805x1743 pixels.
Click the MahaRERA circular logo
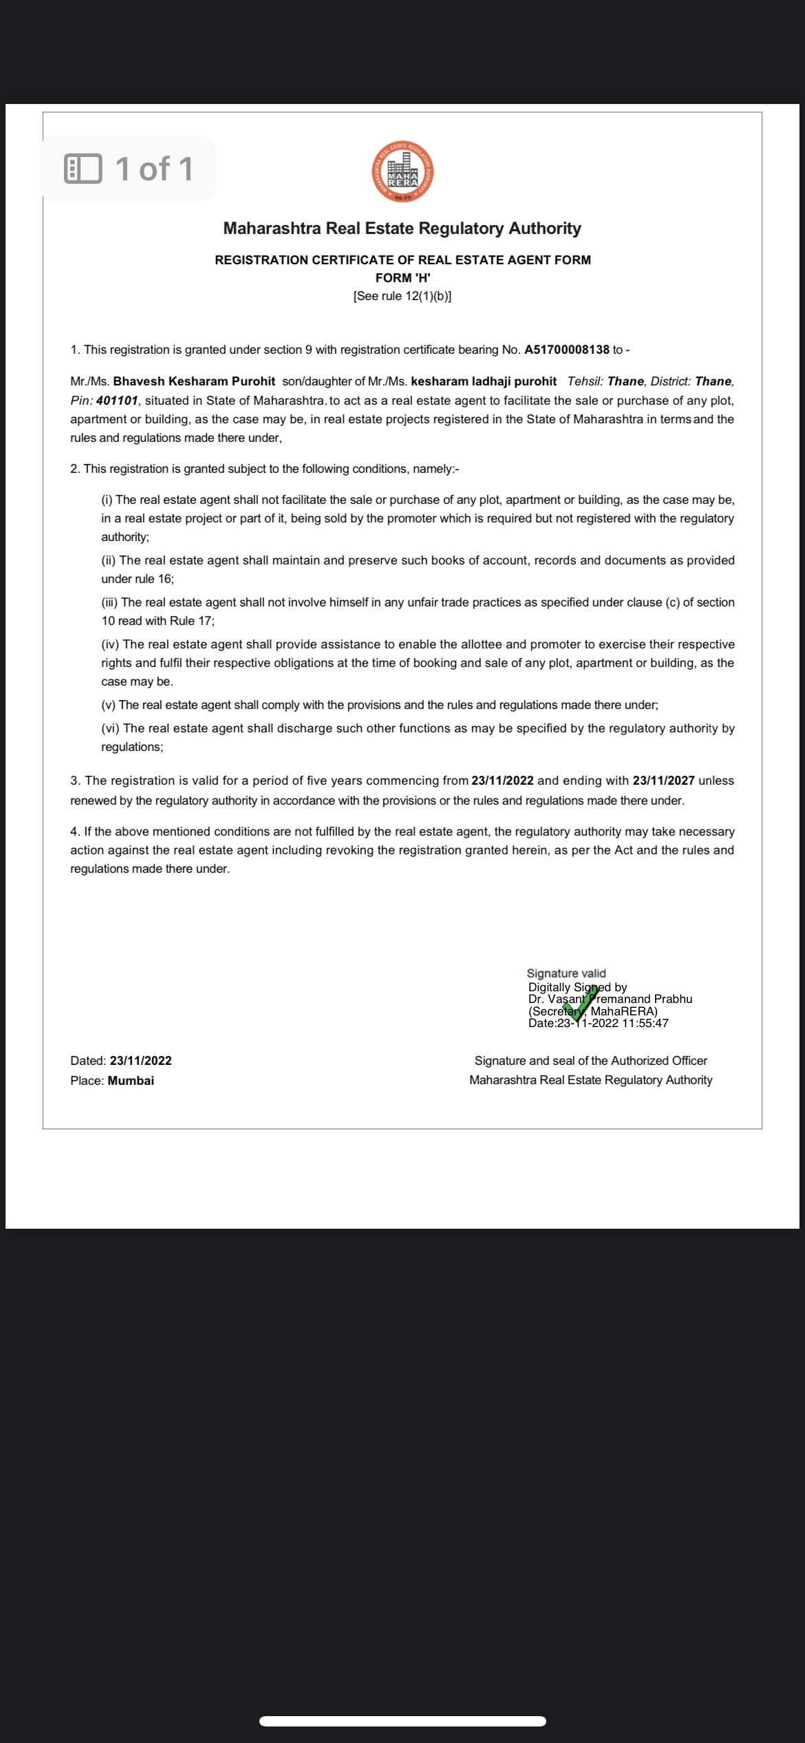click(402, 171)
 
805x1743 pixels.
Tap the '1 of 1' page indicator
click(128, 169)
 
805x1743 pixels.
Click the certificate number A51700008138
click(566, 350)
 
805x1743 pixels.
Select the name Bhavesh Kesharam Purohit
click(194, 381)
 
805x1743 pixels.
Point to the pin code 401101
click(117, 401)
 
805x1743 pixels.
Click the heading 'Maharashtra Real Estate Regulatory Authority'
click(402, 229)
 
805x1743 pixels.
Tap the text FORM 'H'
click(402, 278)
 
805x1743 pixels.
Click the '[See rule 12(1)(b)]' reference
click(402, 296)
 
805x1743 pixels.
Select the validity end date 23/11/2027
click(663, 781)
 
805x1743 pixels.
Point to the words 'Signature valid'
click(566, 973)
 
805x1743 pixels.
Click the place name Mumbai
click(131, 1081)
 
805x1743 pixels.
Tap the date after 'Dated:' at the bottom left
click(140, 1061)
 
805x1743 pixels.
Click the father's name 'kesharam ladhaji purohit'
click(484, 381)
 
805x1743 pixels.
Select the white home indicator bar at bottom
click(402, 1721)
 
